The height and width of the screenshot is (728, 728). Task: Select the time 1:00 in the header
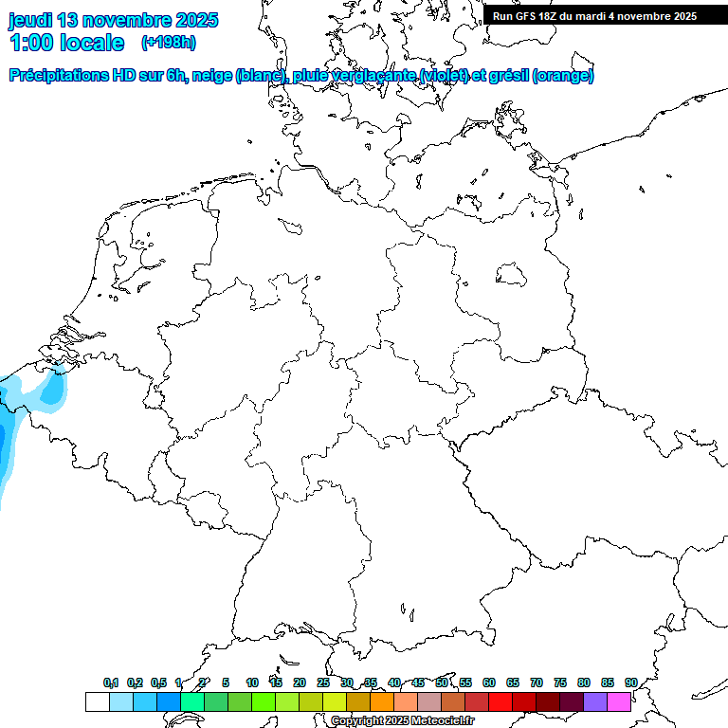(32, 43)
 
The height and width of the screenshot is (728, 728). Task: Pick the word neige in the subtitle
(214, 76)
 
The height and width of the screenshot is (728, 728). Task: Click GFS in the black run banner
(526, 16)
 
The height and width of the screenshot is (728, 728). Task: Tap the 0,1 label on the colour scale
(111, 683)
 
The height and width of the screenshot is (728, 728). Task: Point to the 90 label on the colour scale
(630, 683)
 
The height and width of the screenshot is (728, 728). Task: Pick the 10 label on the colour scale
(251, 683)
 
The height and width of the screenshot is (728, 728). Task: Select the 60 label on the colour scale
(488, 683)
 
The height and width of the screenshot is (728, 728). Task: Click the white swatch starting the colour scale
(97, 701)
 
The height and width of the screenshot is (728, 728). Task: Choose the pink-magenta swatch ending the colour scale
(619, 701)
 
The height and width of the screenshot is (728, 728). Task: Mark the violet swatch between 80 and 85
(595, 701)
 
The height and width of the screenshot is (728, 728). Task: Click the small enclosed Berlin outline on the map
(511, 275)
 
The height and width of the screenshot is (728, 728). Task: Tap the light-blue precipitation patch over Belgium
(51, 389)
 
